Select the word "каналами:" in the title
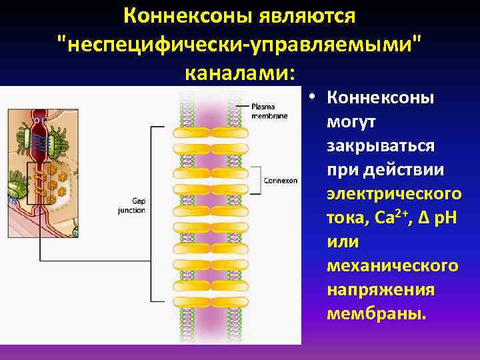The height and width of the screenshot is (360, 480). (240, 71)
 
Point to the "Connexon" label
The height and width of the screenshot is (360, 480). (280, 179)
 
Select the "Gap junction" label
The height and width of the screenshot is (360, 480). (133, 204)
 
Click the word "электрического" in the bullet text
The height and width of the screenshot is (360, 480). (393, 193)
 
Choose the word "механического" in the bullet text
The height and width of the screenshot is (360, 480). (393, 265)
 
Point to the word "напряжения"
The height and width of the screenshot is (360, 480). (381, 289)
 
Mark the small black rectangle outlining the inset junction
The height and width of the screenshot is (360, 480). (39, 181)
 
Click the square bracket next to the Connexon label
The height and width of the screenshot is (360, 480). (258, 179)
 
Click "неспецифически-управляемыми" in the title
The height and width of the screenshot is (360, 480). (240, 43)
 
